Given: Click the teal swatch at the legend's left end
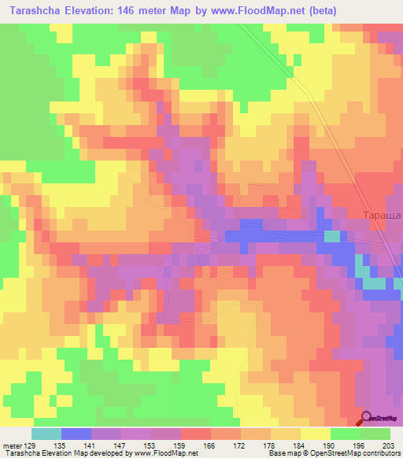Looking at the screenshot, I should (x=46, y=434).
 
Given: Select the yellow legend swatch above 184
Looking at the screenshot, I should (x=316, y=434).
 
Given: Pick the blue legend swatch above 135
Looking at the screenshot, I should (x=76, y=434).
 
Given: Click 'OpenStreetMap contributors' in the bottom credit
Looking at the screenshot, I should (x=353, y=453).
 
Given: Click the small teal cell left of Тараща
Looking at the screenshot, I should (x=333, y=236).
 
